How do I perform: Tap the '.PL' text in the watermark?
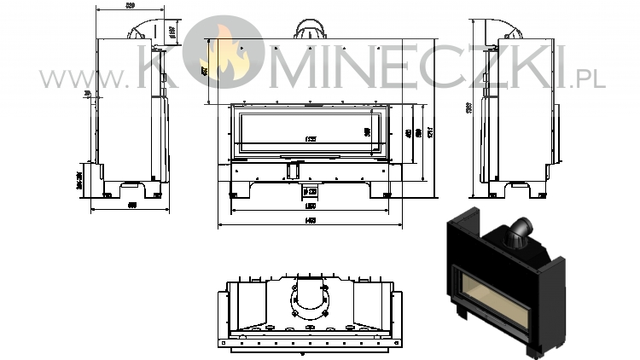pos(590,79)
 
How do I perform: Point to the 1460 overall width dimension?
pos(311,223)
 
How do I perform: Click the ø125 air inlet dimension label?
pos(311,190)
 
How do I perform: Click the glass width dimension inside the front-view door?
pos(311,139)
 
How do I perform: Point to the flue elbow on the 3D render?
pos(520,233)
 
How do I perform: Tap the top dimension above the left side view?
pos(130,6)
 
